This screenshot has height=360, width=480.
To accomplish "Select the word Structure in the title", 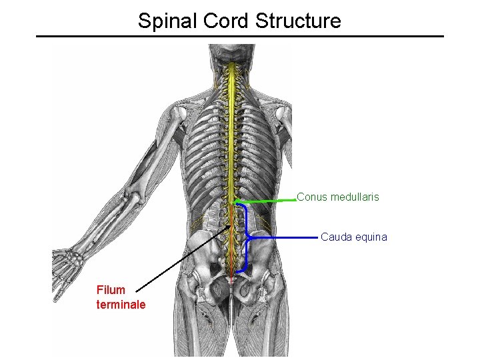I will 299,21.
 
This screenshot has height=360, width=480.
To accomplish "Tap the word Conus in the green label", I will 311,197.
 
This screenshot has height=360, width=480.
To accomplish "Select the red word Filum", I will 110,291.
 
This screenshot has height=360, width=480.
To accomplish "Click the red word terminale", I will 121,305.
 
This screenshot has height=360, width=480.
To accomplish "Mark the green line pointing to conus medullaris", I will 267,200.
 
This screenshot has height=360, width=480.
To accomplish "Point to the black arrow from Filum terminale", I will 180,260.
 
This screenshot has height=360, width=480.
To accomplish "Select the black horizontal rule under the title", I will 240,36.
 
